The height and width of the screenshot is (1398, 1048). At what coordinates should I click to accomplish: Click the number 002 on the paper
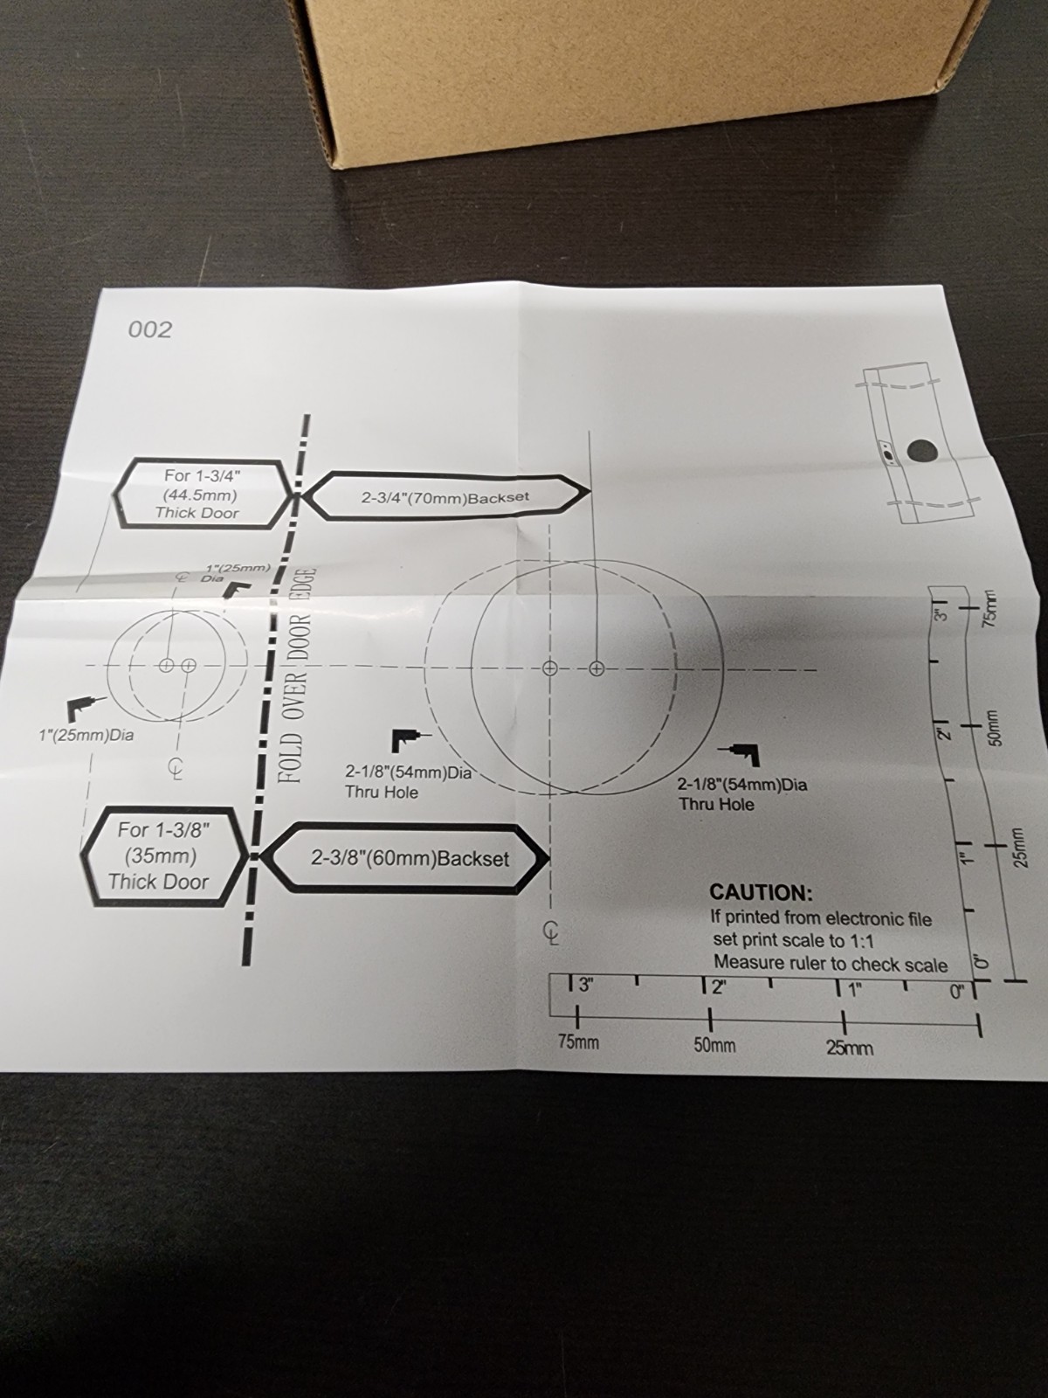pyautogui.click(x=150, y=330)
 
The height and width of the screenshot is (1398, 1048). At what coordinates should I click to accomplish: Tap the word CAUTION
pyautogui.click(x=761, y=892)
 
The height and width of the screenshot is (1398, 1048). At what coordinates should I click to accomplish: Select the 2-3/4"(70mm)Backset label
pyautogui.click(x=445, y=497)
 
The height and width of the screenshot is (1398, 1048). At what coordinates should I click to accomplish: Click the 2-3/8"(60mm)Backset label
pyautogui.click(x=410, y=859)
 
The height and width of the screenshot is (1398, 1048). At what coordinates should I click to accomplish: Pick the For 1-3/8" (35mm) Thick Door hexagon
pyautogui.click(x=163, y=855)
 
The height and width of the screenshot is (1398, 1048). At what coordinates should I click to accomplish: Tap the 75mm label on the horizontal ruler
pyautogui.click(x=578, y=1042)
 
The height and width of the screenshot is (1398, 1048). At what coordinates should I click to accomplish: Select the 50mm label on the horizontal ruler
pyautogui.click(x=714, y=1045)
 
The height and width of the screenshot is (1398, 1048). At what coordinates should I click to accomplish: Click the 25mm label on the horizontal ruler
pyautogui.click(x=850, y=1048)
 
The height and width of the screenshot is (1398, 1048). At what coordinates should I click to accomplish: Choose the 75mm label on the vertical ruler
pyautogui.click(x=989, y=610)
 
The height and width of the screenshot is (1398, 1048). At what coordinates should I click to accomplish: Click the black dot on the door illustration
pyautogui.click(x=922, y=451)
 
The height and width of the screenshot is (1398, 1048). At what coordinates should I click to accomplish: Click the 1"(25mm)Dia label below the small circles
pyautogui.click(x=86, y=735)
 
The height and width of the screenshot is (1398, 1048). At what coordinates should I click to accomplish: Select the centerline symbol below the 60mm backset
pyautogui.click(x=551, y=933)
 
